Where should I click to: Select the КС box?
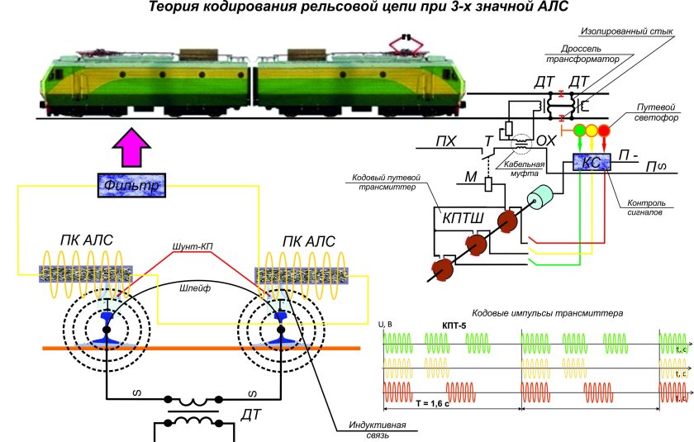point(590,163)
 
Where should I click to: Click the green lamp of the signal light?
point(579,130)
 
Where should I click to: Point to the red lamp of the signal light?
point(604,130)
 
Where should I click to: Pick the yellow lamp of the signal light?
point(592,130)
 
